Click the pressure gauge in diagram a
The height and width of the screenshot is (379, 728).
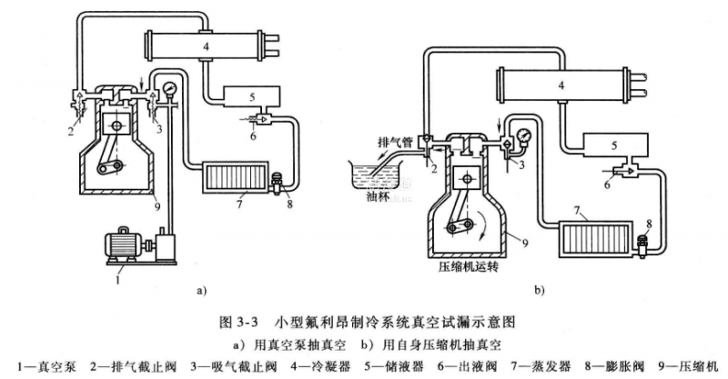click(168, 88)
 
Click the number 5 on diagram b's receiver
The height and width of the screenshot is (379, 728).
click(615, 145)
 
